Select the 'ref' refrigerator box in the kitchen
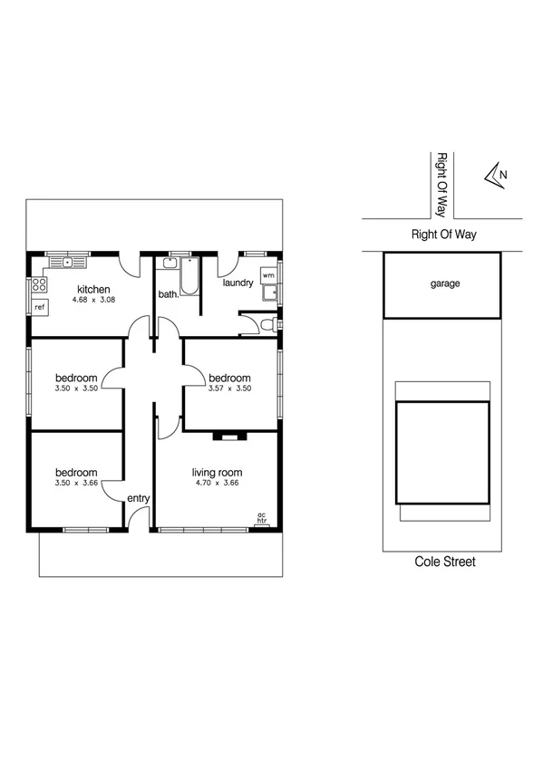(x=40, y=307)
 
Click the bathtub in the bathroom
(x=189, y=276)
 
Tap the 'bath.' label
(x=169, y=294)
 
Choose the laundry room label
(x=238, y=283)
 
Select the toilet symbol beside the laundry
(x=266, y=323)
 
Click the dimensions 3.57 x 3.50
(x=228, y=389)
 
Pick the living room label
(x=217, y=472)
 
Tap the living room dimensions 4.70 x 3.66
(x=217, y=484)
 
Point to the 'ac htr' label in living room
(x=262, y=519)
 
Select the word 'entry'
(x=138, y=498)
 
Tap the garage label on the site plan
(x=444, y=283)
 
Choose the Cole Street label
(x=444, y=562)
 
